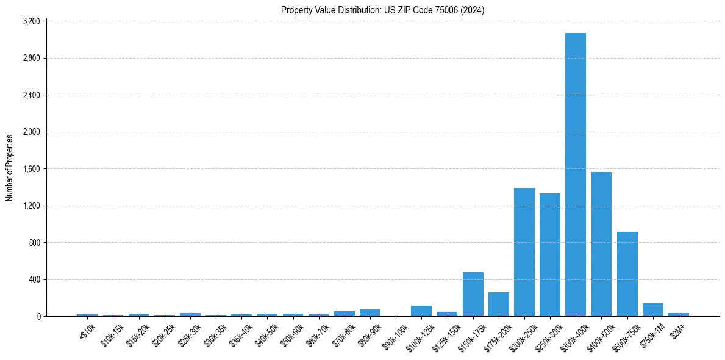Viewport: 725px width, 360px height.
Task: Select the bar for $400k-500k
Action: (601, 244)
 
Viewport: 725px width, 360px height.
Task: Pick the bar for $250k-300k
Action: (549, 254)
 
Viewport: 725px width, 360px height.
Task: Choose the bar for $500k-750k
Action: (627, 274)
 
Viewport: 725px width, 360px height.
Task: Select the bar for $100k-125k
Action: (421, 311)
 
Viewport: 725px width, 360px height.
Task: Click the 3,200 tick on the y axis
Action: (31, 21)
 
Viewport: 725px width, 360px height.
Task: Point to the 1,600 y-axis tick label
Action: (31, 169)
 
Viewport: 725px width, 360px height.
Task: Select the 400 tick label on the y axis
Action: (34, 279)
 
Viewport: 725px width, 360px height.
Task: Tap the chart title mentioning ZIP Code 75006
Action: (382, 10)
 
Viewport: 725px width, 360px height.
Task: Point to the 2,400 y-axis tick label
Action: (31, 95)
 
